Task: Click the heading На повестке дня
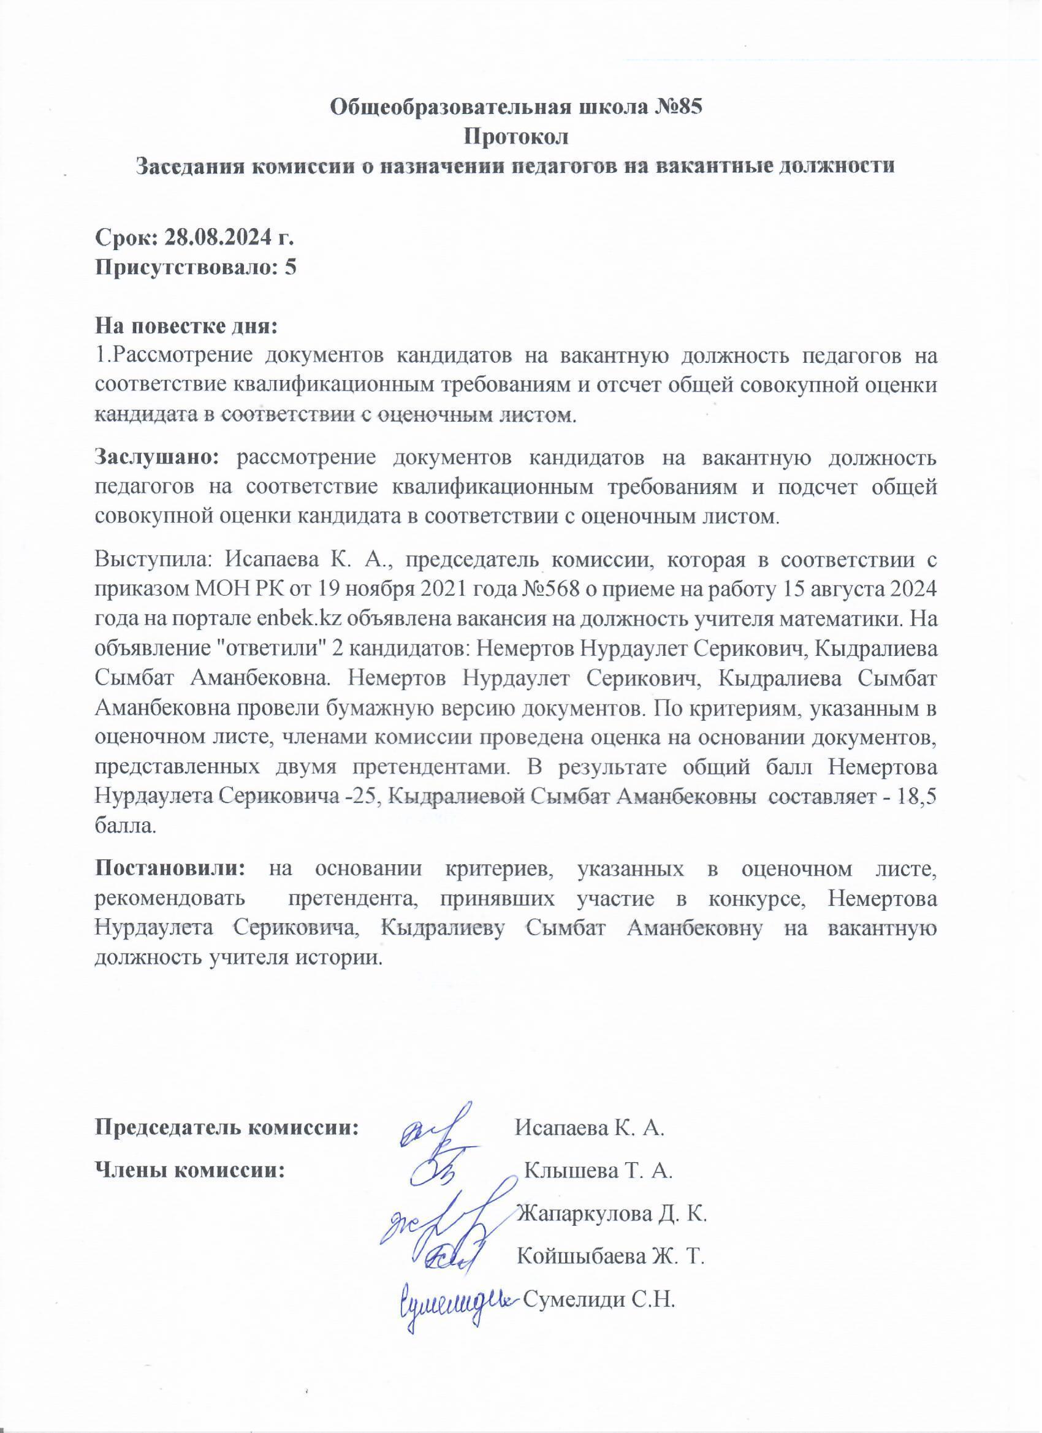click(186, 327)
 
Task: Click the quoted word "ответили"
click(281, 647)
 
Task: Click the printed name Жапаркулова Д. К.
click(610, 1214)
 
